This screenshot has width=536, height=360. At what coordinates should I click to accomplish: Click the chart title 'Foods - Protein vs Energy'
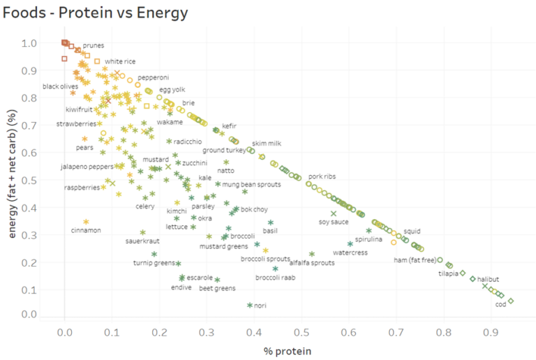[96, 12]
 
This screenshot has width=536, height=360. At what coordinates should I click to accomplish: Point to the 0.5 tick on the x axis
[301, 333]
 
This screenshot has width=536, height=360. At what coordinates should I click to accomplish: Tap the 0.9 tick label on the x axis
[491, 333]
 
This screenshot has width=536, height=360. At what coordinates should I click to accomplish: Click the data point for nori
[250, 305]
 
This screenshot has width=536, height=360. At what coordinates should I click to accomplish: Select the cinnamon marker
[87, 222]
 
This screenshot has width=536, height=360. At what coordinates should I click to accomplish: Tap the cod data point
[511, 301]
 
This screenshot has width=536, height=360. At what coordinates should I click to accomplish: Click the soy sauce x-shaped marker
[334, 213]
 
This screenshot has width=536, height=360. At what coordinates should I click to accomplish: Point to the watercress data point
[350, 244]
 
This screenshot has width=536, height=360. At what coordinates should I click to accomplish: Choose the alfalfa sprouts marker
[312, 254]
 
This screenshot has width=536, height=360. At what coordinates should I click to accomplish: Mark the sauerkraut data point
[143, 232]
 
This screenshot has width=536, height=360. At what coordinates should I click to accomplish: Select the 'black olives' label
[60, 87]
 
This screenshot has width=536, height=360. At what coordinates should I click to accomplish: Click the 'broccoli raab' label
[276, 278]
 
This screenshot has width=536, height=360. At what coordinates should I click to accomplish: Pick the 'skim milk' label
[266, 143]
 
